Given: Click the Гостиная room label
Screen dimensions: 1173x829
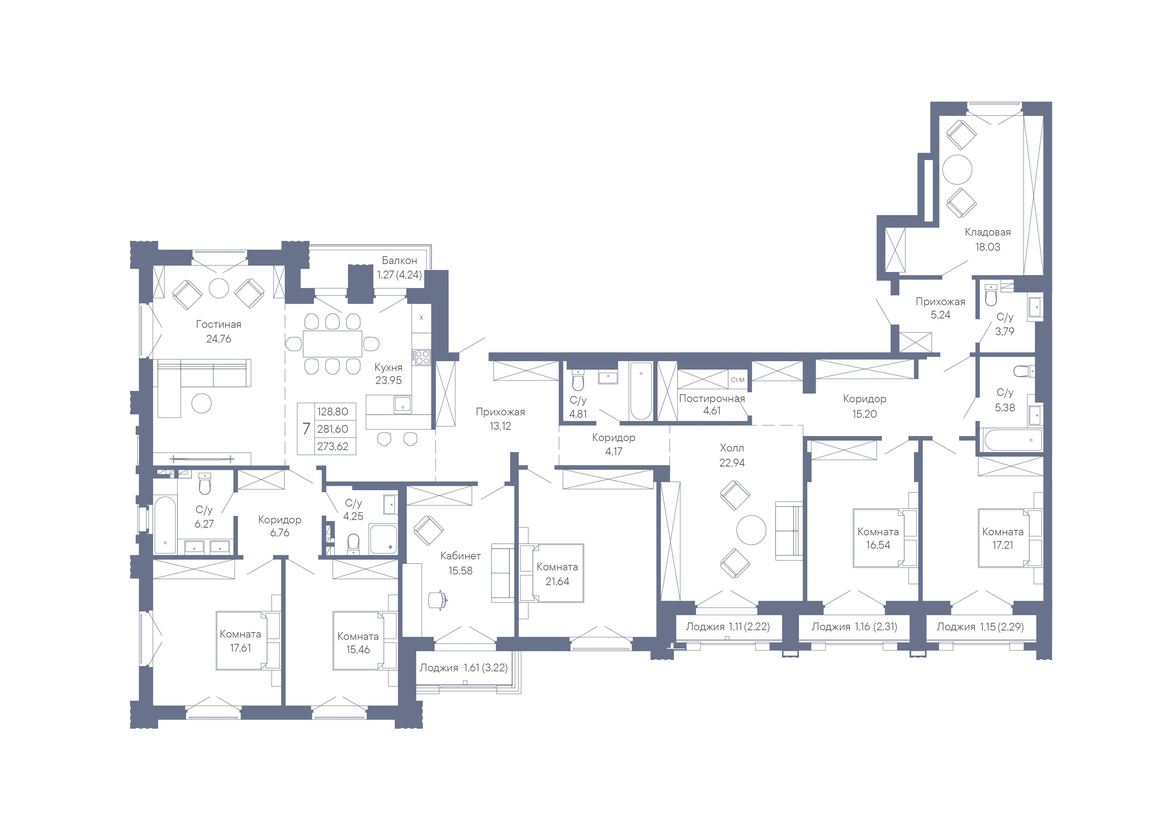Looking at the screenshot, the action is (218, 324).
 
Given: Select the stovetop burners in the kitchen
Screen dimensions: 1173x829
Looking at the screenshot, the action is (422, 357).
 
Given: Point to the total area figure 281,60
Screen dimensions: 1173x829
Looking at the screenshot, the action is (333, 429).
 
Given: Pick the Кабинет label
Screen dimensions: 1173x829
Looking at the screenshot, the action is (460, 556).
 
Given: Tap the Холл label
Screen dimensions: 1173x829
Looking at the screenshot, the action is (732, 448).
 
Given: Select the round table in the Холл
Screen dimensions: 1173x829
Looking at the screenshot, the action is (751, 530).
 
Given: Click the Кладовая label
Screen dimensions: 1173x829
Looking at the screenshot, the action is (987, 233).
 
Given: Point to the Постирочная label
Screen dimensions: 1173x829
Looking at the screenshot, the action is (712, 398).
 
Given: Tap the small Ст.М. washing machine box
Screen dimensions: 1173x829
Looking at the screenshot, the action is (738, 380).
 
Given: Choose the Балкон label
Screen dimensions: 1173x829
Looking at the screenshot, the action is (399, 261).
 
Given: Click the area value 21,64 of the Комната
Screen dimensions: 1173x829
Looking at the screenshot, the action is (557, 581).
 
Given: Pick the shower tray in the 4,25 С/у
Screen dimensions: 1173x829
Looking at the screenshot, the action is (383, 539).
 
